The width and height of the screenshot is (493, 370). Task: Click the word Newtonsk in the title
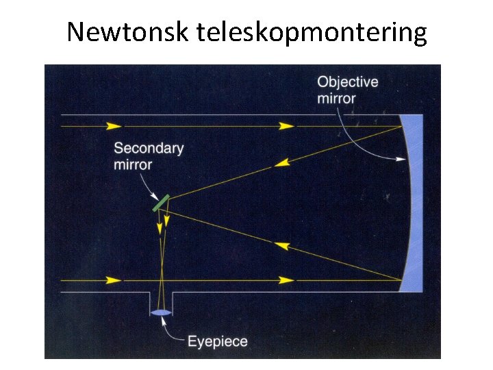point(127,32)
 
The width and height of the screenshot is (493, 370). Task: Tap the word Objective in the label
point(347,82)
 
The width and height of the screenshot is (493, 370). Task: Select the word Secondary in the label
point(149,149)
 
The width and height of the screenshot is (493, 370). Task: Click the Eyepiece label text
point(218,341)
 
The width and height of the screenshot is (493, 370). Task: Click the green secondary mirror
point(160,203)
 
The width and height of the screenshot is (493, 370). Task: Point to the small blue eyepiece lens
point(161,313)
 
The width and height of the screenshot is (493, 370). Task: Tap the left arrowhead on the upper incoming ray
point(114,126)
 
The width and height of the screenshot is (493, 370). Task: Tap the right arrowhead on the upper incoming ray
point(287,126)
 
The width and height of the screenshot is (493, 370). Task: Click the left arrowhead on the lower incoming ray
point(114,280)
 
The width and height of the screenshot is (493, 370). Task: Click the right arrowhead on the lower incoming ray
point(287,280)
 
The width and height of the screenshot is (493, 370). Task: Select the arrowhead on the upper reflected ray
point(281,162)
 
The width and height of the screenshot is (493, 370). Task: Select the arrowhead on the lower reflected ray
point(281,245)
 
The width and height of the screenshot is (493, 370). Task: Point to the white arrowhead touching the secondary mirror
point(155,196)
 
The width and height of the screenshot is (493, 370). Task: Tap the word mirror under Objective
point(336,99)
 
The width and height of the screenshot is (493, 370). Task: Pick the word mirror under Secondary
point(133,164)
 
